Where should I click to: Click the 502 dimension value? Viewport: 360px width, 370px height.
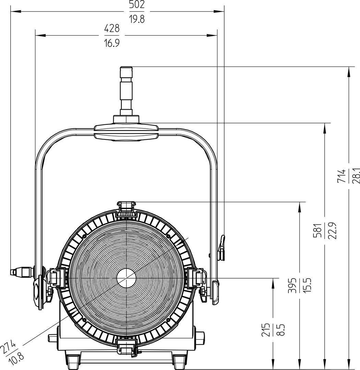pyautogui.click(x=137, y=4)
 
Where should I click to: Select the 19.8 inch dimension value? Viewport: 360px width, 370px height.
pyautogui.click(x=137, y=19)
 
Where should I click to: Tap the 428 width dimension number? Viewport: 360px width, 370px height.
pyautogui.click(x=112, y=28)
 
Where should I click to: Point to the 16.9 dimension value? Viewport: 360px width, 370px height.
pyautogui.click(x=112, y=43)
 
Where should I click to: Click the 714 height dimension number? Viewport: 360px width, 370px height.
pyautogui.click(x=341, y=176)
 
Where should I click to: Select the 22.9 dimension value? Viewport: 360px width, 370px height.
pyautogui.click(x=332, y=231)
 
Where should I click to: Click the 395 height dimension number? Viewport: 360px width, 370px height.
pyautogui.click(x=292, y=285)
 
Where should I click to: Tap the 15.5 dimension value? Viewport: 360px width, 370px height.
pyautogui.click(x=307, y=285)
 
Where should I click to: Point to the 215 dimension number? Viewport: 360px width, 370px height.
pyautogui.click(x=265, y=330)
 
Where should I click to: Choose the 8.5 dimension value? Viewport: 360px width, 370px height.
pyautogui.click(x=280, y=330)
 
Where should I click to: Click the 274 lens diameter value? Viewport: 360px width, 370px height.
pyautogui.click(x=8, y=347)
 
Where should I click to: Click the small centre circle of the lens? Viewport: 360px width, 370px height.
pyautogui.click(x=126, y=278)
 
